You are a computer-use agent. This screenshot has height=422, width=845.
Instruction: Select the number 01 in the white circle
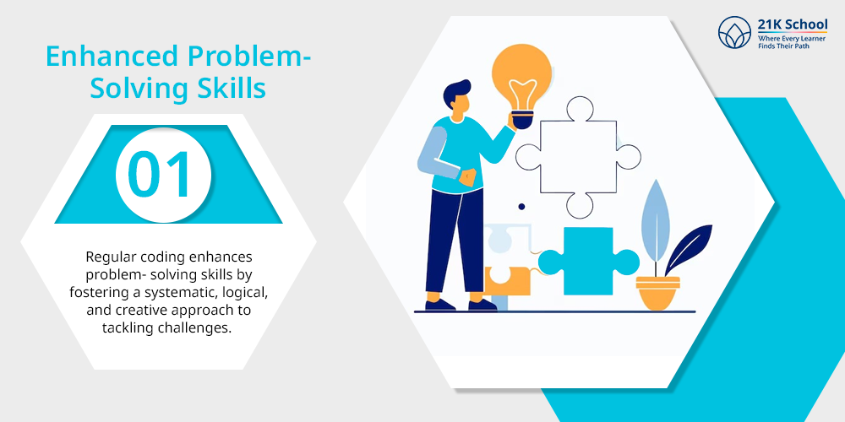pyautogui.click(x=160, y=175)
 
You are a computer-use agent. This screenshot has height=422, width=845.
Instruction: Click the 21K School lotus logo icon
pyautogui.click(x=734, y=32)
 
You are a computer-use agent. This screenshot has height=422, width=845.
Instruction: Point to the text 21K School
pyautogui.click(x=793, y=24)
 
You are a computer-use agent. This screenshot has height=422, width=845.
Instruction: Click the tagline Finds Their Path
pyautogui.click(x=783, y=46)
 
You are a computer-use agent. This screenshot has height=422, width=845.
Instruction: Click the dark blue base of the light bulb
pyautogui.click(x=522, y=120)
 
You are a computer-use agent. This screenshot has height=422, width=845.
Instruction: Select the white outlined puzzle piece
pyautogui.click(x=578, y=157)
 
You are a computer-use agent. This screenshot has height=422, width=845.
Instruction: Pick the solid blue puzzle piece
pyautogui.click(x=588, y=261)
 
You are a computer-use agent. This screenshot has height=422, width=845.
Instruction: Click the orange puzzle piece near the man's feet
pyautogui.click(x=506, y=280)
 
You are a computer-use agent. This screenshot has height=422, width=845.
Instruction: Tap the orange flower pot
pyautogui.click(x=657, y=292)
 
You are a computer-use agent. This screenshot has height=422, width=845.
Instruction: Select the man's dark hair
pyautogui.click(x=456, y=92)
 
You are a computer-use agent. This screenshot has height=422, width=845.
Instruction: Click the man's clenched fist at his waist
pyautogui.click(x=467, y=177)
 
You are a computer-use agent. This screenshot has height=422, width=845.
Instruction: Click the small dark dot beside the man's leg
pyautogui.click(x=521, y=207)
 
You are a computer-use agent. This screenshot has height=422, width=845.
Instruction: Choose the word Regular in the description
pyautogui.click(x=108, y=257)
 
